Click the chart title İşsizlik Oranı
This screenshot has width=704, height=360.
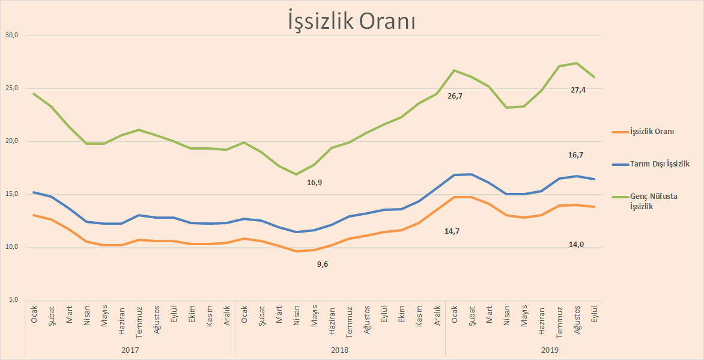point(351,22)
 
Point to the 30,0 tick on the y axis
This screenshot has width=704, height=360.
point(12,35)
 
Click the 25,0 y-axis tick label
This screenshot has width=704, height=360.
point(12,88)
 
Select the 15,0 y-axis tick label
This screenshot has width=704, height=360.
point(12,194)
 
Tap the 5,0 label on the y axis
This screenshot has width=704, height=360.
point(14,300)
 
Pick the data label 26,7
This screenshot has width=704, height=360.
point(455,96)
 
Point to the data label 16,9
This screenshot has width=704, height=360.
point(314,182)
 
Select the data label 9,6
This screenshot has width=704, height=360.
point(323,264)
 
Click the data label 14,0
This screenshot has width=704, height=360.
point(576,244)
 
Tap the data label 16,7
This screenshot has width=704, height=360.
point(575,154)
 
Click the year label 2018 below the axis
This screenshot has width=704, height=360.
point(340,349)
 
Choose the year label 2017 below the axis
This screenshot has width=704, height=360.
point(130,349)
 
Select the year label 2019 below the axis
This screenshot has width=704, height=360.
point(550,349)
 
